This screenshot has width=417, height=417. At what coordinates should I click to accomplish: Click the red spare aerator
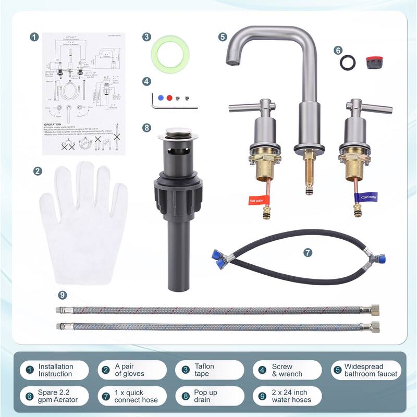371,62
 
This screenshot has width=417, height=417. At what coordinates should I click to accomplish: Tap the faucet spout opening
230,62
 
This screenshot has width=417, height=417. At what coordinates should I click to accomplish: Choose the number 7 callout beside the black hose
308,252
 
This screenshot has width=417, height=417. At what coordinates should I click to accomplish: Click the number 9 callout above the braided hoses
63,295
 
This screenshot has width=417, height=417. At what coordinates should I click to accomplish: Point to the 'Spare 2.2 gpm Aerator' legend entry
55,396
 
